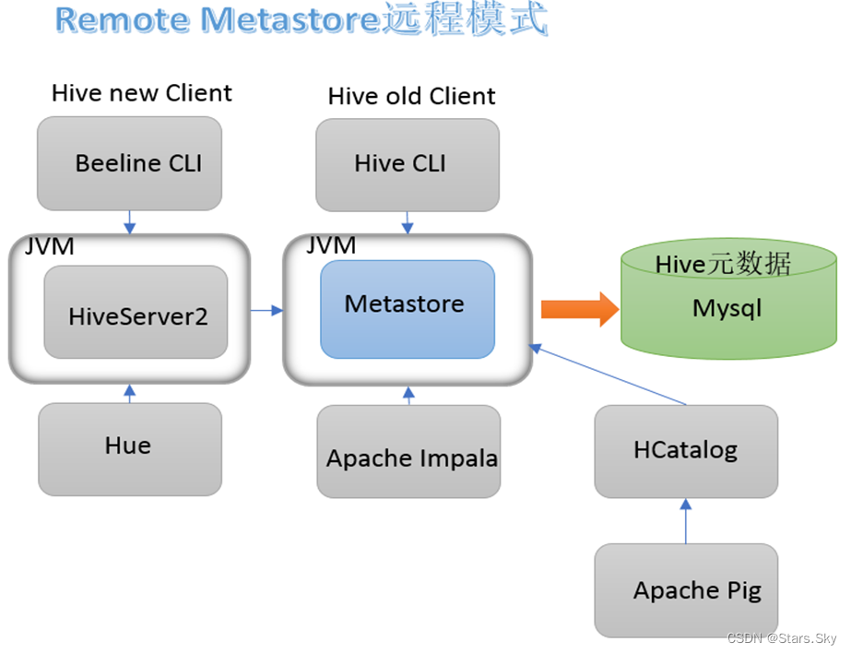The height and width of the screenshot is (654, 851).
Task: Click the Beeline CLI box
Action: pos(129,163)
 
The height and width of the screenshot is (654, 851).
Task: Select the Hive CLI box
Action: pos(407,164)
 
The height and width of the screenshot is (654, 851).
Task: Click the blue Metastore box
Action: pos(407,308)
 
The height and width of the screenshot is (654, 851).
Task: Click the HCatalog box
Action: pos(685,450)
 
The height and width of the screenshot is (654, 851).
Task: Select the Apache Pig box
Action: pos(685,590)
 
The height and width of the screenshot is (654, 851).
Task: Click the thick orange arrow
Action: pos(579,309)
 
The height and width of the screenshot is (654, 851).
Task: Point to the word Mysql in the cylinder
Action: pos(727,307)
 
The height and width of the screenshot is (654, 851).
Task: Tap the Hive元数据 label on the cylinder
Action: pos(723,265)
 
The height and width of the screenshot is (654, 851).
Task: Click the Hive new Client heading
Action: pos(142,93)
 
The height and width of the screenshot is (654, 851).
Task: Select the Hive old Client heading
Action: pos(411,96)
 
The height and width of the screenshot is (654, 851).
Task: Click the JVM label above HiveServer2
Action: pos(49,246)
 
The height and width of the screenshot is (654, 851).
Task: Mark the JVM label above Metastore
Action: pos(330,245)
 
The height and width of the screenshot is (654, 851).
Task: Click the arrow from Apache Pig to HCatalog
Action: pos(685,521)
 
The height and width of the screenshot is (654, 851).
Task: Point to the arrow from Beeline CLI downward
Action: pos(129,222)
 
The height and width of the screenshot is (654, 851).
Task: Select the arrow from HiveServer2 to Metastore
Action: pos(266,311)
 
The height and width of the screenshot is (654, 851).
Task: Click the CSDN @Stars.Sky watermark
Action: pos(782,639)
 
